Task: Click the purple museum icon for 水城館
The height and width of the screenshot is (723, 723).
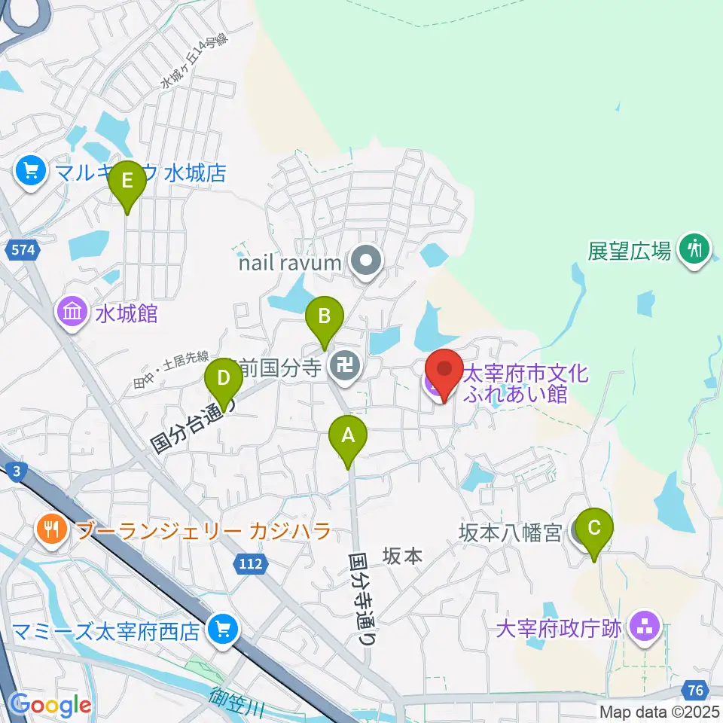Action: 72,313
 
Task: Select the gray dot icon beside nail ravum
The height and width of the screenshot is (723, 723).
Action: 367,262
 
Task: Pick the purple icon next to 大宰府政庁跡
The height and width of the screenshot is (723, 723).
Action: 645,627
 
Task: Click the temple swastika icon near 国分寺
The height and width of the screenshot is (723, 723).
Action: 346,368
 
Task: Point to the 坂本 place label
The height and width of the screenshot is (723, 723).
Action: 403,556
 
